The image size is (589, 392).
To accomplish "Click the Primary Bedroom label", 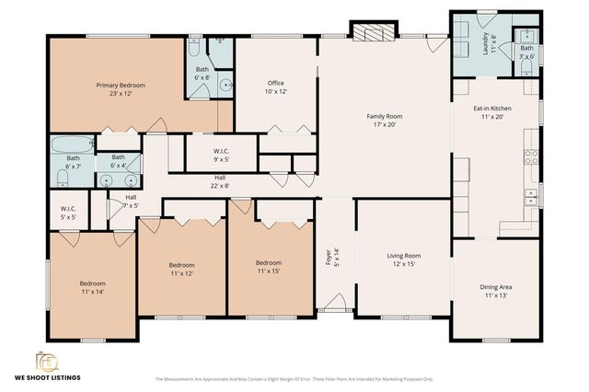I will click(121, 89).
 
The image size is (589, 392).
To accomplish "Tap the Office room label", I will click(276, 87).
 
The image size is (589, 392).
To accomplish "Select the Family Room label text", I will click(385, 121).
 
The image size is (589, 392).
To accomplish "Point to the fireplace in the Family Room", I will click(373, 34).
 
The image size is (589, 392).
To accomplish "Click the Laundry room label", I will click(490, 44).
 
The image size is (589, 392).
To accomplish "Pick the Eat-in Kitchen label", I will click(492, 113).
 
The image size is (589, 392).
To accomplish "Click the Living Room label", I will click(402, 259).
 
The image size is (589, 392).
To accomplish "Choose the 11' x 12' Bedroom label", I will click(180, 270).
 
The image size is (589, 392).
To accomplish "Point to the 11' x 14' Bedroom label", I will click(92, 287).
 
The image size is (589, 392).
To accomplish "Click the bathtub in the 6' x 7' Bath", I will click(71, 145).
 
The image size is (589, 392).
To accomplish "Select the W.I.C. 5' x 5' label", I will click(67, 213).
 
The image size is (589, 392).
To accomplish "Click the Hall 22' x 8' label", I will click(221, 182).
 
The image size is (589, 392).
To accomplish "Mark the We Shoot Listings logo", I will click(46, 364).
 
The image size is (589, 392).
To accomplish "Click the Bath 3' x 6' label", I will click(526, 52).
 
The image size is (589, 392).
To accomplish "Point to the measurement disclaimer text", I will click(294, 378).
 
